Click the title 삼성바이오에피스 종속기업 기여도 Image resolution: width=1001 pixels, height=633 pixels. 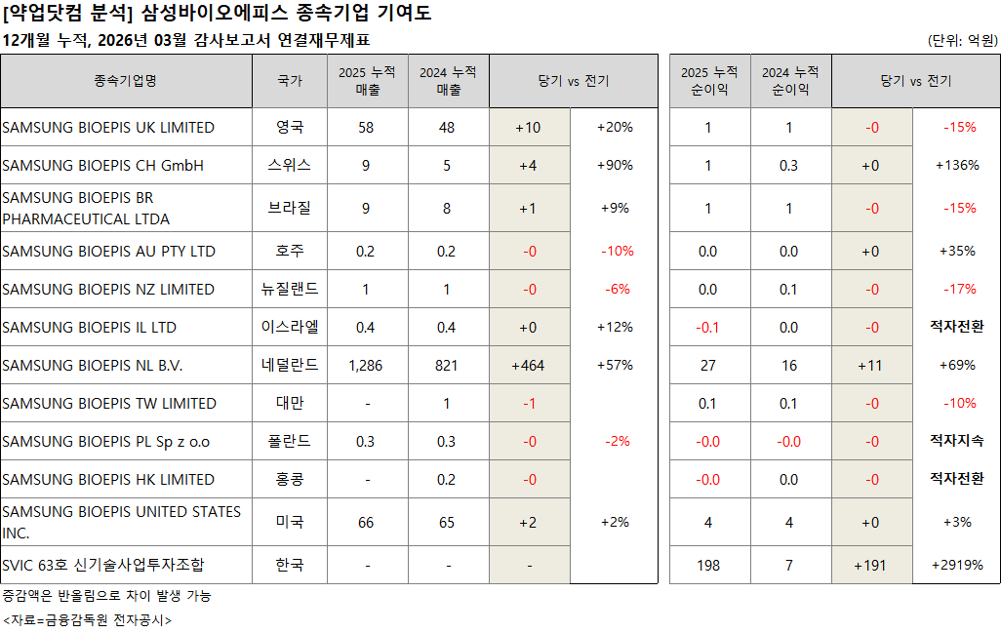point(287,14)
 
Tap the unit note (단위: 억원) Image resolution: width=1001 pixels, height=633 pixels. point(963,41)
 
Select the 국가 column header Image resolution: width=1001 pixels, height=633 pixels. point(290,81)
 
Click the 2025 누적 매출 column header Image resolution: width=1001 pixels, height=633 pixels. point(366,81)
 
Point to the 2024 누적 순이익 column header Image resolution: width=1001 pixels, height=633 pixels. point(789,81)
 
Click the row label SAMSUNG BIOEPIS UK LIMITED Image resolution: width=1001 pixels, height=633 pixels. point(108,128)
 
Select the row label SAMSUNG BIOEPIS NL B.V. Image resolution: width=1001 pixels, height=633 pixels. point(93,366)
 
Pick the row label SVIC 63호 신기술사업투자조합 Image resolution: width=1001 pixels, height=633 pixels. point(103,565)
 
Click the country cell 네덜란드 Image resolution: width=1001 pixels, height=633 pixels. point(290,366)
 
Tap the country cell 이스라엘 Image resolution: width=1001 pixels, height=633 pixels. point(290,327)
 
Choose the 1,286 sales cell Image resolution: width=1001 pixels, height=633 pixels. point(366,366)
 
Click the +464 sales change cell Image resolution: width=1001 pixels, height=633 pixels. point(529,366)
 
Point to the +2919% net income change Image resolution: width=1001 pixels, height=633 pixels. point(957,565)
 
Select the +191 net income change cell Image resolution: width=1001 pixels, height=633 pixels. point(871,565)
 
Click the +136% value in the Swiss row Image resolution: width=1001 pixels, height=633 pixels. point(957,166)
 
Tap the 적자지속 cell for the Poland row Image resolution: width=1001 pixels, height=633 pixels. point(957,442)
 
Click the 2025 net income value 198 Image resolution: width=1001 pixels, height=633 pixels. point(708,565)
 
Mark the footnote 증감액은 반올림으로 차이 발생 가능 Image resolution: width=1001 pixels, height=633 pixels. point(106,595)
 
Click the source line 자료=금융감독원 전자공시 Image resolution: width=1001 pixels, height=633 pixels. point(88,619)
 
